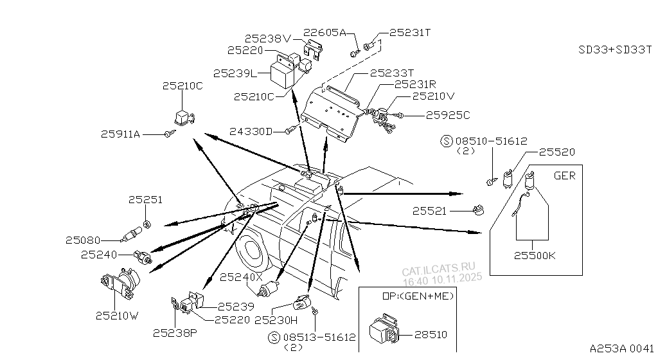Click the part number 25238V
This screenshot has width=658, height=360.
coord(267,39)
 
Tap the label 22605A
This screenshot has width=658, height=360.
coord(325,32)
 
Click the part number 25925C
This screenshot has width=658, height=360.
coord(449,115)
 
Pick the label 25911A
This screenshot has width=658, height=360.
coord(120,134)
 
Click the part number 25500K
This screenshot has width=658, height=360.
coord(535,255)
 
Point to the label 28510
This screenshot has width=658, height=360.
coord(431,334)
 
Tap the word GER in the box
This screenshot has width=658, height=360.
coord(564,175)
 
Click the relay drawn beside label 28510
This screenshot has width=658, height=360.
coord(384,330)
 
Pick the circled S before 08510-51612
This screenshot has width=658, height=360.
coord(446,140)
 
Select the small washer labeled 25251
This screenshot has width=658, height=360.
coord(147,224)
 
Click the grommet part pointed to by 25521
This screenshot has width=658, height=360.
coord(478,211)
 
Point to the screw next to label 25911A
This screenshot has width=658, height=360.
coord(170,134)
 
